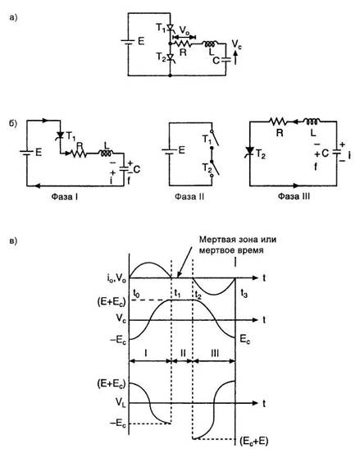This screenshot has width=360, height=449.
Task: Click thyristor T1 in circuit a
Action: [x=171, y=28]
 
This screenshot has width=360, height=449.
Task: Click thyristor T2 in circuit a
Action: [x=171, y=57]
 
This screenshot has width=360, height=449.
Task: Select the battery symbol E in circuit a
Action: [x=128, y=42]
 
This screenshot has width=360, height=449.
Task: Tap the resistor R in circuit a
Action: [x=183, y=44]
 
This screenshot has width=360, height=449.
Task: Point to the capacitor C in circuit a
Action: [x=226, y=60]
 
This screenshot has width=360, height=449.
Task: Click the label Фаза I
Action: [x=65, y=197]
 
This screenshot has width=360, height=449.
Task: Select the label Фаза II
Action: [x=189, y=197]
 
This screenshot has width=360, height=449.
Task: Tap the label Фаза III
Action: [x=294, y=196]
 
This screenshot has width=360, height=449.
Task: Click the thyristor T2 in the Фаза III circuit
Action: [x=250, y=151]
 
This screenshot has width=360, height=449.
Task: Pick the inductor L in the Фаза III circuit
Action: [x=312, y=121]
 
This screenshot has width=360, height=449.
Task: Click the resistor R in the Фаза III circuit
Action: [x=278, y=121]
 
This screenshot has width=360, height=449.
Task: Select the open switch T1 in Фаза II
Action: [x=215, y=140]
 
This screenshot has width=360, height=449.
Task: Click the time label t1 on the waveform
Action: [x=178, y=293]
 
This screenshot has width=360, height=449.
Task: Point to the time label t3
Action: [x=244, y=294]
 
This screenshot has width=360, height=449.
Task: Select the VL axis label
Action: [x=121, y=402]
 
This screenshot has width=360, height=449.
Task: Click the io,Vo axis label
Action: [x=115, y=279]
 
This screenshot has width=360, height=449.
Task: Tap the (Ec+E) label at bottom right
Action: [x=254, y=441]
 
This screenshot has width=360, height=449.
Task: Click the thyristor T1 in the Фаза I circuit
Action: [x=60, y=135]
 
